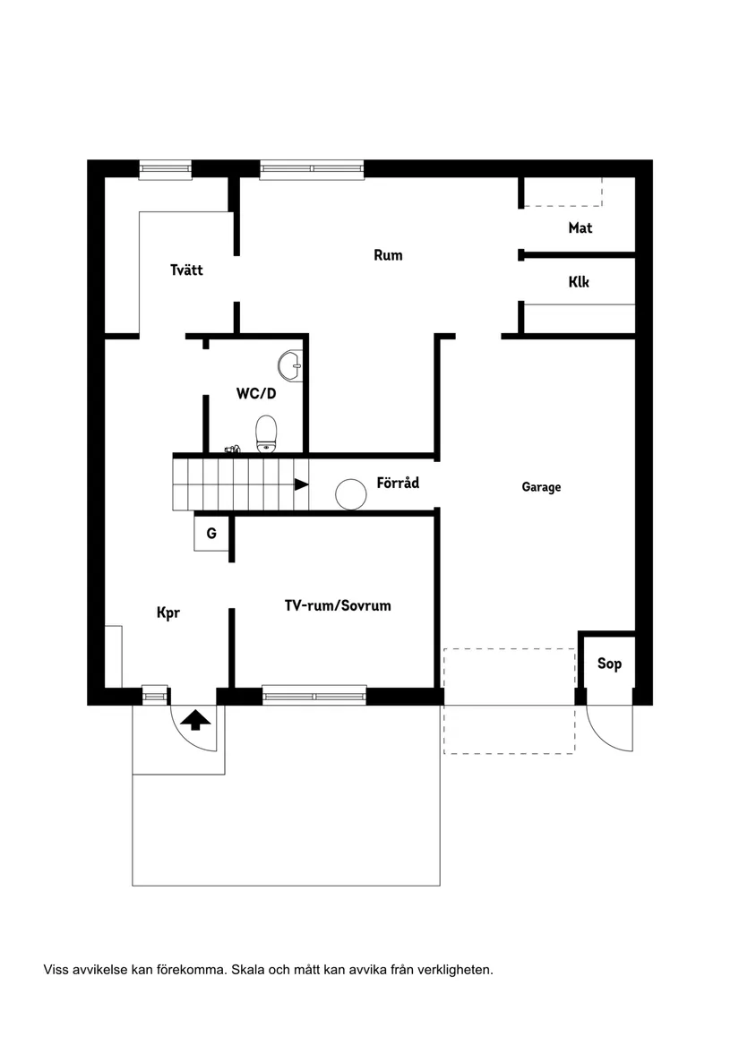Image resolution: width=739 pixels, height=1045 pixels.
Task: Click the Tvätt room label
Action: [186, 270]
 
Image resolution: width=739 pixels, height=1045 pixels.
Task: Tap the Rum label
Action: [388, 255]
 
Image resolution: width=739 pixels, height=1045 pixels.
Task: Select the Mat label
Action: [580, 228]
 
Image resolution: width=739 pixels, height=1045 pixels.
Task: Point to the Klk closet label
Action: [579, 282]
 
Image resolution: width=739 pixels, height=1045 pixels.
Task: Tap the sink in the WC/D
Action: [290, 364]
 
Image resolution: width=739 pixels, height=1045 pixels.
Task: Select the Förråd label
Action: [398, 483]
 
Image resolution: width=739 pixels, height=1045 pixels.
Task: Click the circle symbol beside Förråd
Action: [350, 493]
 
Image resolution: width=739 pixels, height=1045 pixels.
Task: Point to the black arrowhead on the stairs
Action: [301, 484]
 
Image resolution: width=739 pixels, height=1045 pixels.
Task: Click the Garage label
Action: [541, 487]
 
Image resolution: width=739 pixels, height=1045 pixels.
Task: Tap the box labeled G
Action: [211, 534]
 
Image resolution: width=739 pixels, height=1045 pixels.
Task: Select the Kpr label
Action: [168, 613]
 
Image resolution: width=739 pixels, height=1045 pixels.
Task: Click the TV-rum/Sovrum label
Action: [338, 606]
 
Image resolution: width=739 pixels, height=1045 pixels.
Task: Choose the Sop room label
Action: [609, 664]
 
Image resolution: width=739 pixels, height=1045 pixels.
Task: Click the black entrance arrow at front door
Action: [195, 718]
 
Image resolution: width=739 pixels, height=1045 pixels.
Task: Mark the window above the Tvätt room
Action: [165, 169]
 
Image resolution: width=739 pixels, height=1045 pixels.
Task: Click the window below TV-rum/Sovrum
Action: [314, 695]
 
